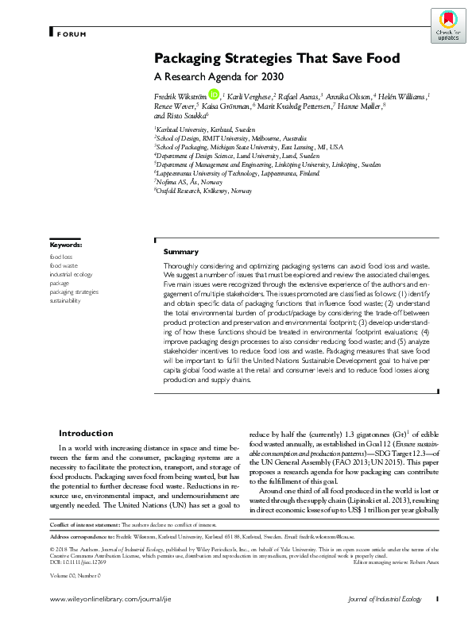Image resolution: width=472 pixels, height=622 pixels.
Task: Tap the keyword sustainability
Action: pyautogui.click(x=65, y=302)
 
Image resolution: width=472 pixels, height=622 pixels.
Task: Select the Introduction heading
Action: pyautogui.click(x=86, y=434)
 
